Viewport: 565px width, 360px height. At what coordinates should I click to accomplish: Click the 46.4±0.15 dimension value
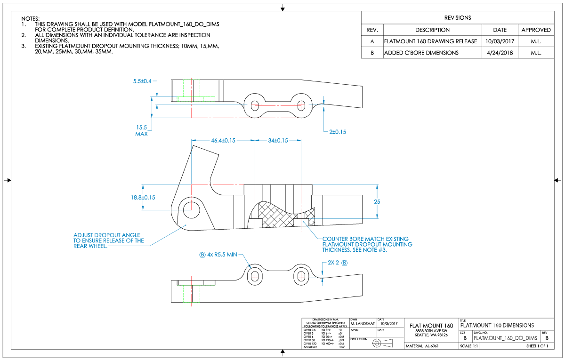(223, 140)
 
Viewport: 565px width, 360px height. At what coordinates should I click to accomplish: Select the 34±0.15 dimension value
(278, 140)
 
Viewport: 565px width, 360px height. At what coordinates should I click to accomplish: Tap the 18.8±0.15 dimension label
(144, 198)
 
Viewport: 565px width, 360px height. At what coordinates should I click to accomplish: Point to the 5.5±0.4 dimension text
(142, 81)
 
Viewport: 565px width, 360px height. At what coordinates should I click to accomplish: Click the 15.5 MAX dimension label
(142, 130)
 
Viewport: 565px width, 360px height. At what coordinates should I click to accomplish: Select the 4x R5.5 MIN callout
(222, 255)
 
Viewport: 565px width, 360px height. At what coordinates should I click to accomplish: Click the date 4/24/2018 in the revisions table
(500, 53)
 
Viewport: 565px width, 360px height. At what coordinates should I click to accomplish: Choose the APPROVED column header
(536, 30)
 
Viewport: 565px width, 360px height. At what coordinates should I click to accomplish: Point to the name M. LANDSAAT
(362, 324)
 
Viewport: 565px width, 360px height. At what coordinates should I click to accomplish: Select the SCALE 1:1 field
(469, 347)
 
